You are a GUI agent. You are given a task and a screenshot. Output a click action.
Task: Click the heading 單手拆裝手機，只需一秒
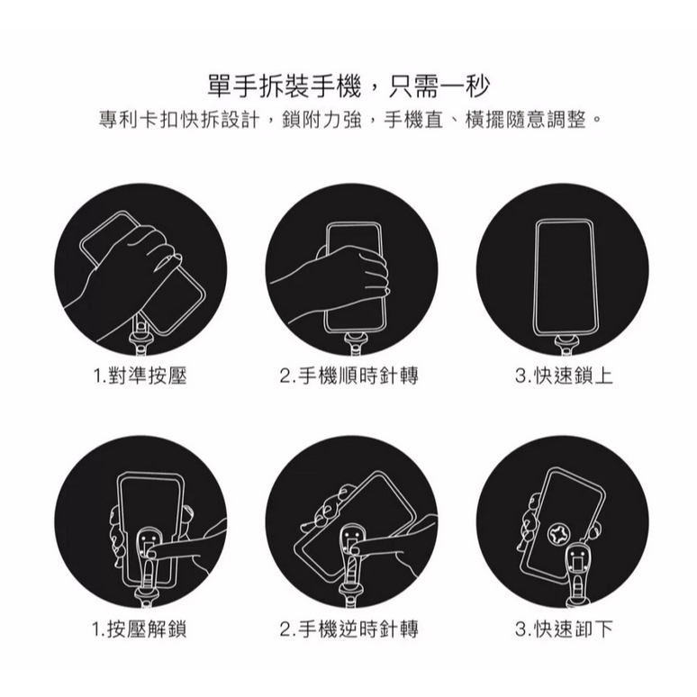click(x=348, y=86)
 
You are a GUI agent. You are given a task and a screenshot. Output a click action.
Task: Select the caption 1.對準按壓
click(x=140, y=376)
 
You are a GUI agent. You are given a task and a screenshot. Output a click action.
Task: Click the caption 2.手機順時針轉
click(x=348, y=376)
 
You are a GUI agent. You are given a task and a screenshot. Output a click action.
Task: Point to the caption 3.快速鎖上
click(x=564, y=376)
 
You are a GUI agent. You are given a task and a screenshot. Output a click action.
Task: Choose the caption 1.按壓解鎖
click(x=140, y=629)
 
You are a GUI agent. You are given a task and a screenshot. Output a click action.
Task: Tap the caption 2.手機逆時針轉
click(x=348, y=629)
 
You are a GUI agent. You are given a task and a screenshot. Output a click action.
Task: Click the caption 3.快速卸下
click(x=564, y=629)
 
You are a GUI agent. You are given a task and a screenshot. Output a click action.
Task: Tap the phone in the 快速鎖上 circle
click(x=565, y=277)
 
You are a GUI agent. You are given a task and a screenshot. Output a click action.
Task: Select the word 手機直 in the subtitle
click(x=413, y=120)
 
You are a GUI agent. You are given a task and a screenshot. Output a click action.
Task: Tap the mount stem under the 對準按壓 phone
click(x=140, y=334)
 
